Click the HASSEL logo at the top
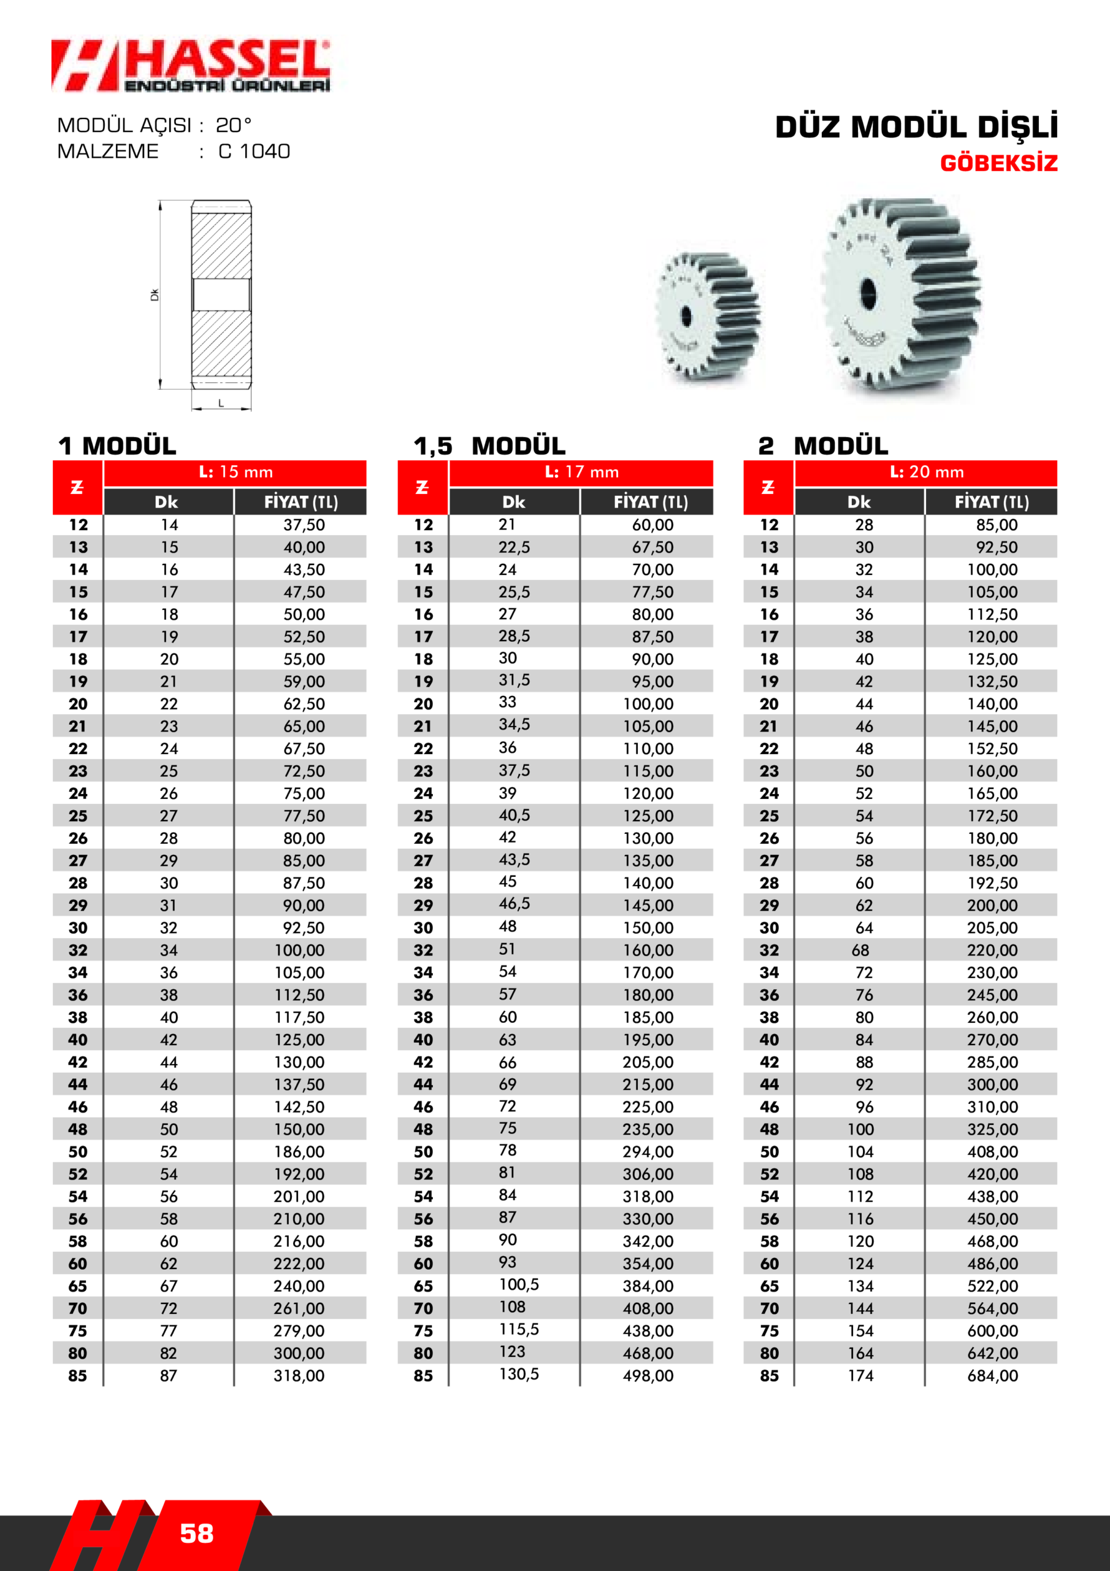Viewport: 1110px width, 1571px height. [191, 66]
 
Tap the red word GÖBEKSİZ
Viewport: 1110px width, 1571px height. [998, 163]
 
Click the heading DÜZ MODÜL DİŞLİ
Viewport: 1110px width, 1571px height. [916, 127]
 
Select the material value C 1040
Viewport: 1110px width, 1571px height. [255, 151]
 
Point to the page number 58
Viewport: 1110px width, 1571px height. [196, 1534]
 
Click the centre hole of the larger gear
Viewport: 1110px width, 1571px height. [868, 291]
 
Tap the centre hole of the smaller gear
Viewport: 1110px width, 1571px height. [687, 316]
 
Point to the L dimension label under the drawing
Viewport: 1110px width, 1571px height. [221, 404]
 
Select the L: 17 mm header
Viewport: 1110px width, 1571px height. [581, 472]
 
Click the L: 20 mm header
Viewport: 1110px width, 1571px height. [927, 472]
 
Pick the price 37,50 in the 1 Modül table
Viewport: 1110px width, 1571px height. [304, 525]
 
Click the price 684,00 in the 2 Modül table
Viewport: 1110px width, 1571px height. [992, 1375]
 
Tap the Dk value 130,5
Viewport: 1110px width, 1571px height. [518, 1374]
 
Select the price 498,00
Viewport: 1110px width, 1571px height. [648, 1375]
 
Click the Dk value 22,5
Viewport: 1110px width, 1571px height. [514, 547]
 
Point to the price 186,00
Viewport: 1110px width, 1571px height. [299, 1152]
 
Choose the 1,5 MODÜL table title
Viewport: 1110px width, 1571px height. [489, 446]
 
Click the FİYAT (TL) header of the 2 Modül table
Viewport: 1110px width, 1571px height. [992, 502]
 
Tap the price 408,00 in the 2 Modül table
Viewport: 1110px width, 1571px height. [992, 1152]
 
